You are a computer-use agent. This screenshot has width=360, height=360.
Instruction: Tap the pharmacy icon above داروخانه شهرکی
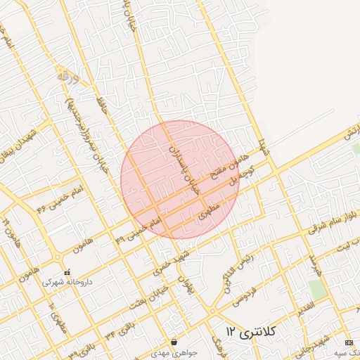click(x=67, y=273)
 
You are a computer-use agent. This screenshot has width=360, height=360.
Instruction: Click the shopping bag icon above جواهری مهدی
click(x=174, y=342)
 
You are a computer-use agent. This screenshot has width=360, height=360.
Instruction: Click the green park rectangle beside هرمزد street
click(x=318, y=288)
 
